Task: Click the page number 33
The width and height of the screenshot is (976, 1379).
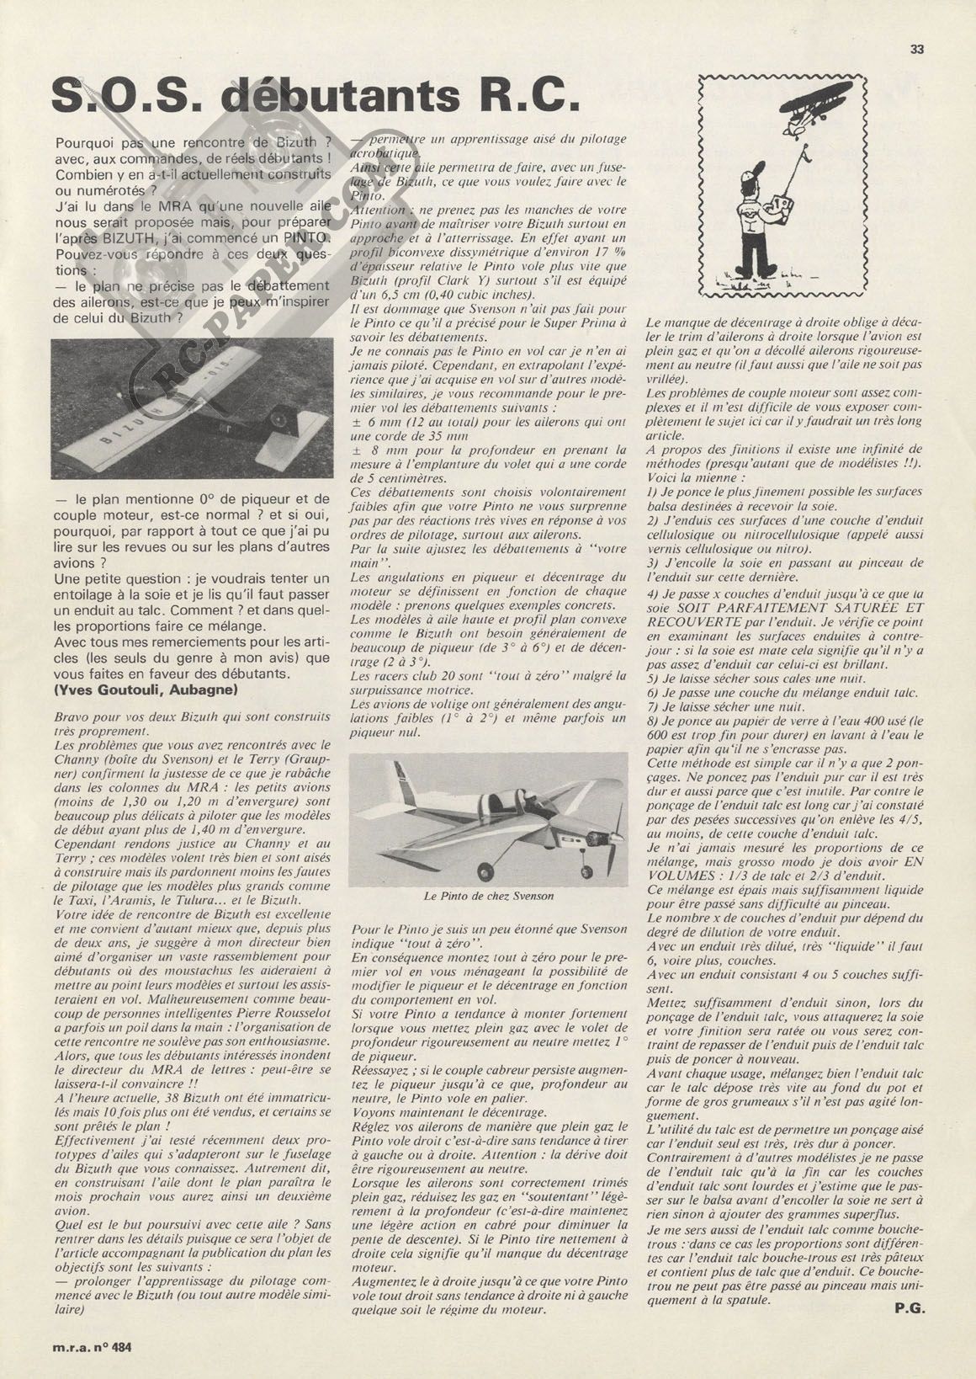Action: [x=917, y=49]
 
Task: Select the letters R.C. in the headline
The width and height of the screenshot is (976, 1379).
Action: [x=529, y=97]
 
